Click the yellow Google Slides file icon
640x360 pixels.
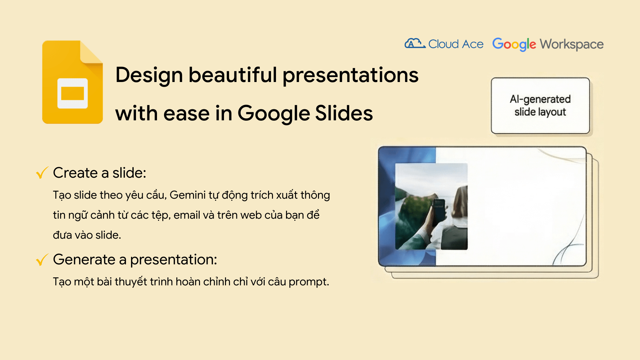coord(72,83)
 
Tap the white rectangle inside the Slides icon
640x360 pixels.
coord(72,93)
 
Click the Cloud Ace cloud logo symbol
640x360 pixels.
coord(414,44)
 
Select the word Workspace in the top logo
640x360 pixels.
coord(571,44)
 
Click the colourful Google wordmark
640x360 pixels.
coord(514,44)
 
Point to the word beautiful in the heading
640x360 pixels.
coord(232,75)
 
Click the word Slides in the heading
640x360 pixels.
coord(344,113)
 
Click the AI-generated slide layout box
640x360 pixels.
coord(540,106)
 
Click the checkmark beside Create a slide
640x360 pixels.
coord(42,173)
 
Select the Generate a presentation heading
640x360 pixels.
coord(135,259)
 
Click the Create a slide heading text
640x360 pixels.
coord(99,173)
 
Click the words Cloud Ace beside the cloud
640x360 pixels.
coord(456,44)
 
